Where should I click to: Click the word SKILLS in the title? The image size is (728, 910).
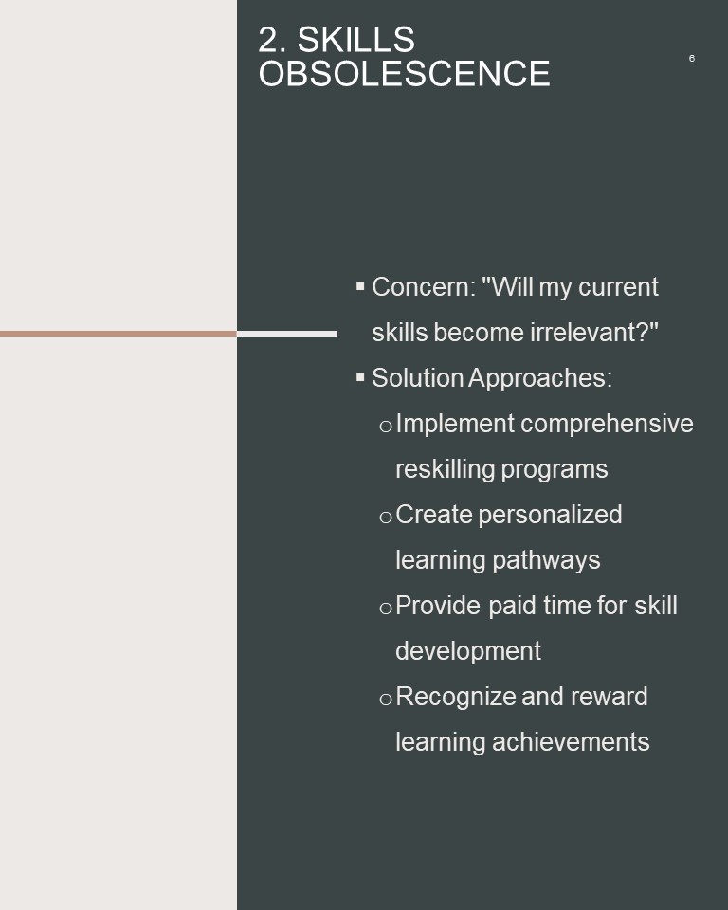pos(355,40)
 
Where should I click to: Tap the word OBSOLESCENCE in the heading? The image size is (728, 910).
pos(404,74)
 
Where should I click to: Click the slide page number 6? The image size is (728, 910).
pos(691,58)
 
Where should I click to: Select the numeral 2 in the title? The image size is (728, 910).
pos(267,40)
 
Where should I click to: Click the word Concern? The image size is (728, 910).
pos(424,286)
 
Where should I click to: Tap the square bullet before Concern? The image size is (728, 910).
pos(360,286)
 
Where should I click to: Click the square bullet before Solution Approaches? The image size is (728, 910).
pos(360,377)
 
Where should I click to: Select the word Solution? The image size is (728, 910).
pos(417,378)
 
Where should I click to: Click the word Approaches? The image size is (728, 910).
pos(540,379)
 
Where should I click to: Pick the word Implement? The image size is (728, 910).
pos(455,425)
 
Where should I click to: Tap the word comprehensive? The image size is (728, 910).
pos(608,425)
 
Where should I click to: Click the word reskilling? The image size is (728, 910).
pos(446,469)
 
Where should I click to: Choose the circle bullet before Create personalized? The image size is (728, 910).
pos(386,518)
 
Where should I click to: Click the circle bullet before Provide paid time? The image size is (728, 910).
pos(386,609)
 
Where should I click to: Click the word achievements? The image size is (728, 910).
pos(571,742)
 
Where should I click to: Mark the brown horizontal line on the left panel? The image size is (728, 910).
pos(118,334)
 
